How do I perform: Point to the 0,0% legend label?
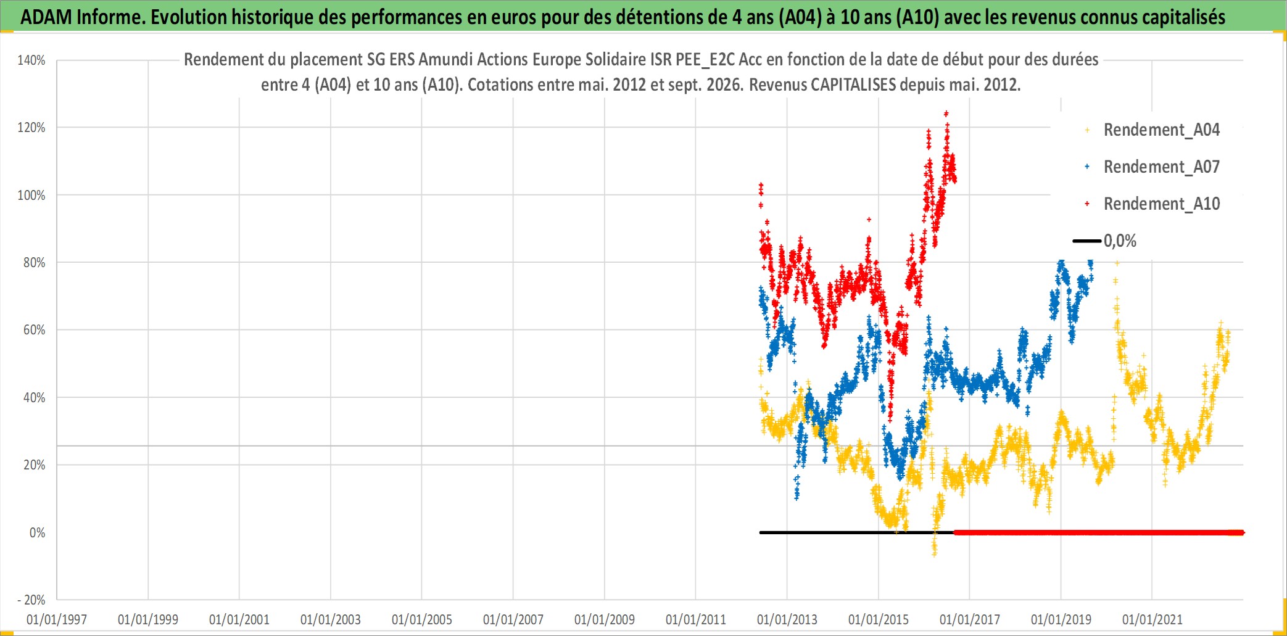1120,241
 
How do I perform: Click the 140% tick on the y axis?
31,60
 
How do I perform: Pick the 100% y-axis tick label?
31,196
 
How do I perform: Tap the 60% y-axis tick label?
34,330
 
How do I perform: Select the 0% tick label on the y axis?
37,532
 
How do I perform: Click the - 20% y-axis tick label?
31,600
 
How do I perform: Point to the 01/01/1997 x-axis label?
57,619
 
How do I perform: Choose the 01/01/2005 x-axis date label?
422,619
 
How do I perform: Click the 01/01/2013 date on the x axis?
787,619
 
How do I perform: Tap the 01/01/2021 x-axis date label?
1153,619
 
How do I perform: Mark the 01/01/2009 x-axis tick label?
605,619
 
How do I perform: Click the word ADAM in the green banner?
46,17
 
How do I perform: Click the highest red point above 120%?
946,114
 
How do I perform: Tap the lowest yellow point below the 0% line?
934,554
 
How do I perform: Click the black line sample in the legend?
1087,241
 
